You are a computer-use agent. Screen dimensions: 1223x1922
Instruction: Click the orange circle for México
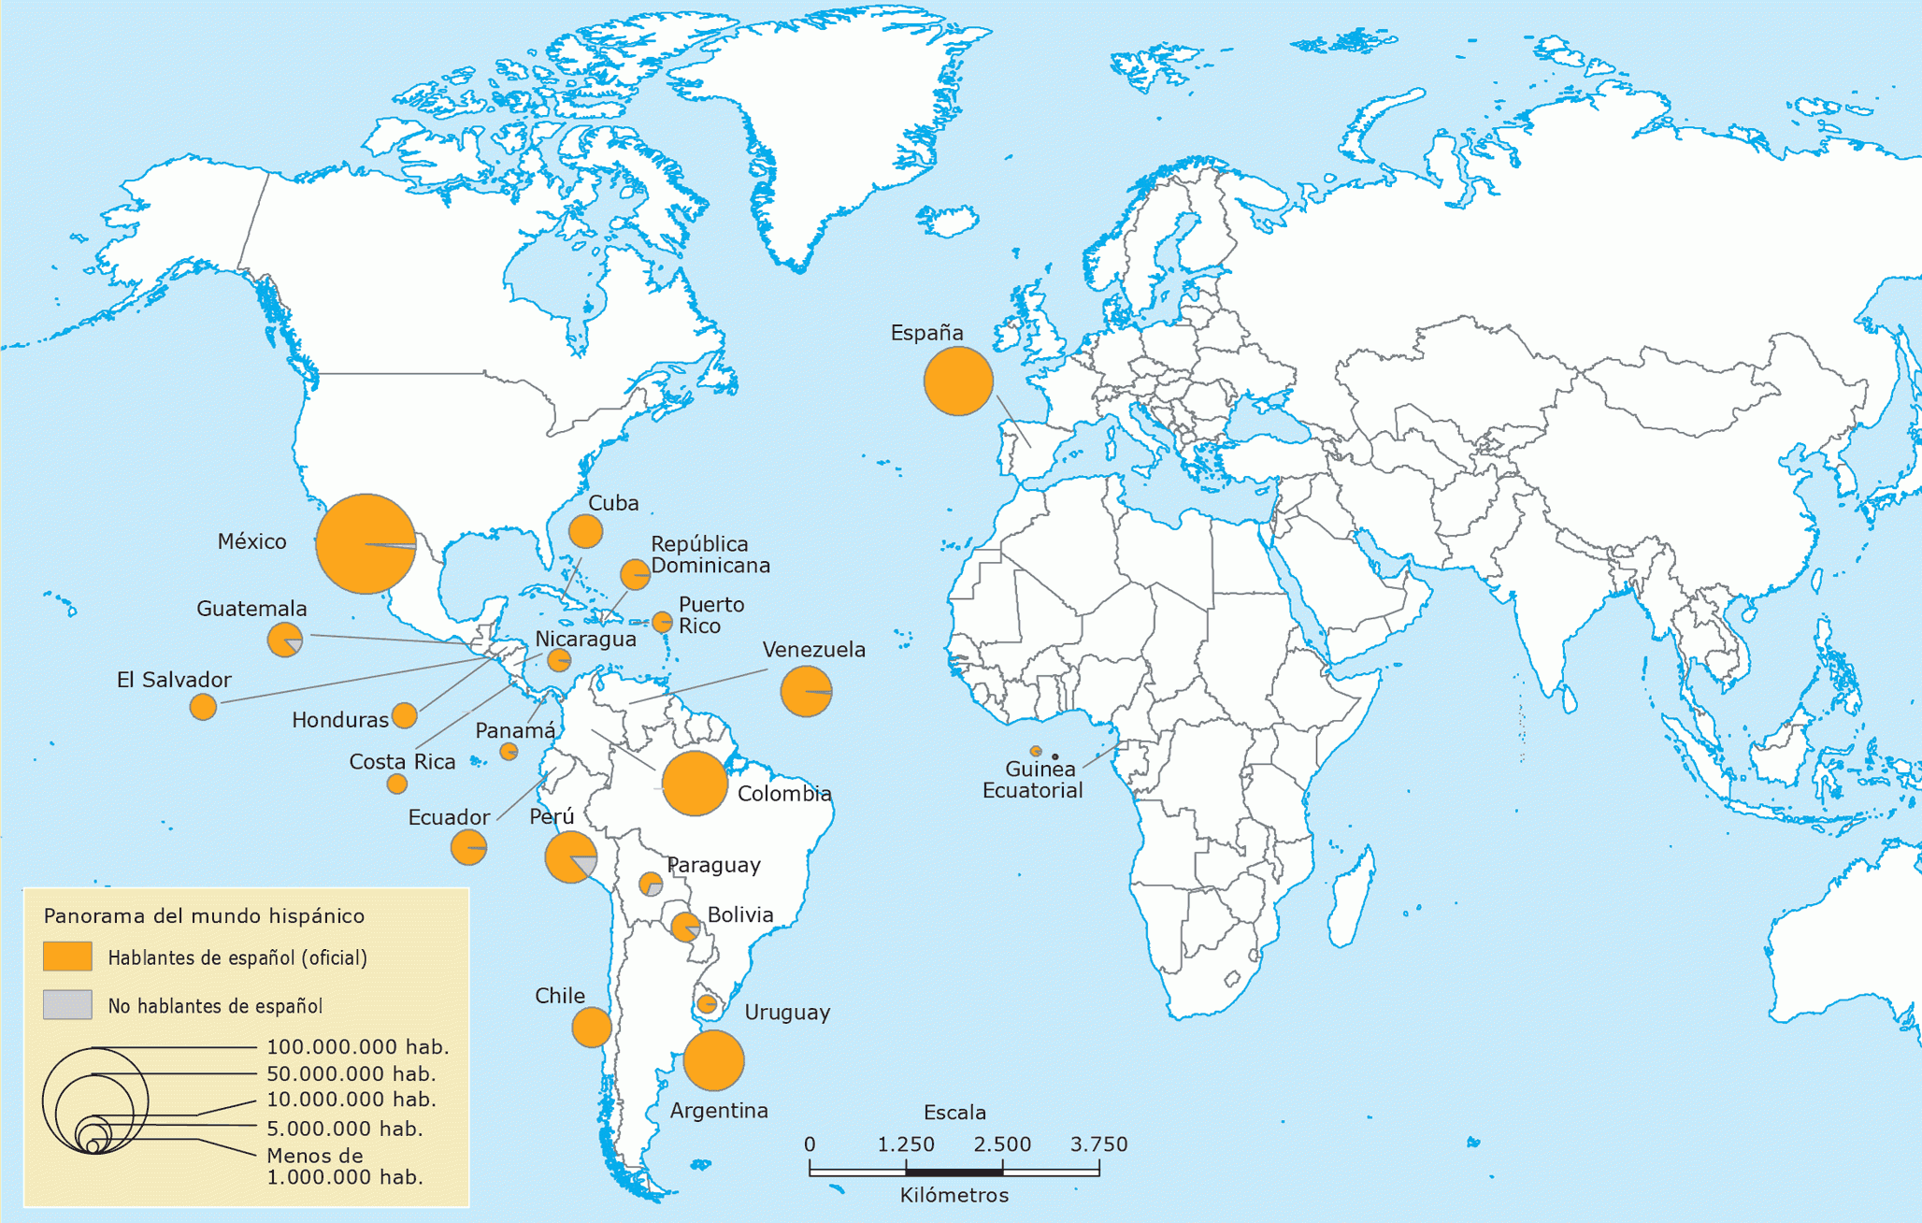pos(366,543)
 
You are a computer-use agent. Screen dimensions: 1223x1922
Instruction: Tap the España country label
pos(925,333)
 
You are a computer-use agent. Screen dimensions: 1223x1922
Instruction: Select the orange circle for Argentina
pos(713,1060)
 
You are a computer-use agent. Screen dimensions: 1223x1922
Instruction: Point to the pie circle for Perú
pos(570,856)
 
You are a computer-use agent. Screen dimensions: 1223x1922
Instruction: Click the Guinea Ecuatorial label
pos(1033,780)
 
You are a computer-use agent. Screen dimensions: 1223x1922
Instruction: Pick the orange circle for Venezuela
pos(806,691)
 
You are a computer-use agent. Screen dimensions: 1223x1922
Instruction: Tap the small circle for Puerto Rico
pos(662,621)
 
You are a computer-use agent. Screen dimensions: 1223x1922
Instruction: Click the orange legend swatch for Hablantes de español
pos(67,957)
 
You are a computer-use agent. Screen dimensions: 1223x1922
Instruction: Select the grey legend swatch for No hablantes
pos(67,1005)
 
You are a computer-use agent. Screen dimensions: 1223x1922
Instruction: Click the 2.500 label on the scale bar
pos(1002,1144)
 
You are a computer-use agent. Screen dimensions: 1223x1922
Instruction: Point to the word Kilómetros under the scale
pos(954,1196)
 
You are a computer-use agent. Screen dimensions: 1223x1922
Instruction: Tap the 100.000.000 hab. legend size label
pos(358,1047)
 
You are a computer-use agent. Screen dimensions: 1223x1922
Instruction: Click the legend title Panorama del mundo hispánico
pos(204,916)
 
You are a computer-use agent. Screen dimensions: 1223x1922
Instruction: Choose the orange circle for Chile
pos(592,1028)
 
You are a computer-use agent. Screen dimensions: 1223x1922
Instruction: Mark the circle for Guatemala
pos(285,640)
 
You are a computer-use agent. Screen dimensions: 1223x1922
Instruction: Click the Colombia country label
pos(784,794)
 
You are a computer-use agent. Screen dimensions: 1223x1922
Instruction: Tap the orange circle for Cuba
pos(585,531)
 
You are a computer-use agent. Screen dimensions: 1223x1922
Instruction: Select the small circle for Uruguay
pos(708,1004)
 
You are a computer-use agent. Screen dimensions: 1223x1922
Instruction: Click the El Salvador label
pos(174,680)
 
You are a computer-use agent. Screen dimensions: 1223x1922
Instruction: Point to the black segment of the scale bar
pos(954,1172)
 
